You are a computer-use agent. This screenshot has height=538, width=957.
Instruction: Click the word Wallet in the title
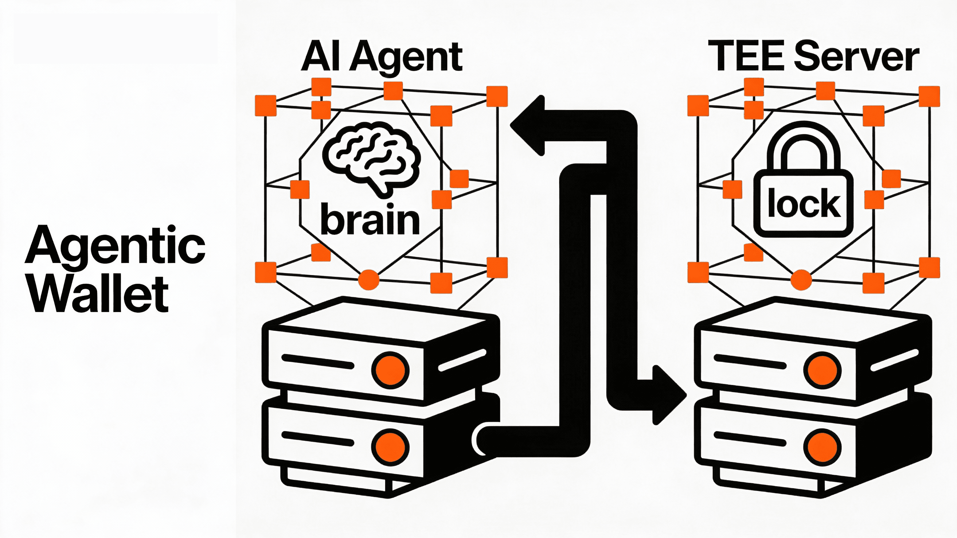tap(98, 295)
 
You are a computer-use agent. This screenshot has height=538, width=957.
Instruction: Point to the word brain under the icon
tap(370, 219)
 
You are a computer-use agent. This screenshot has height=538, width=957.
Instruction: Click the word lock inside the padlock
tap(803, 203)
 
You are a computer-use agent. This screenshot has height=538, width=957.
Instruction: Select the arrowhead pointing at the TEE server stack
tap(669, 395)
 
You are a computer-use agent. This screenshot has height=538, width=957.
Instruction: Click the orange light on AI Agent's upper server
tap(390, 370)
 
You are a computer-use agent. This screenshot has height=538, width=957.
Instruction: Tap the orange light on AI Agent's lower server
tap(390, 447)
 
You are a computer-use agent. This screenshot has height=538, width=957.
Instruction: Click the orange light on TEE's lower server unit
tap(822, 447)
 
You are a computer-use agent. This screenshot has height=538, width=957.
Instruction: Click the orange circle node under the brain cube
tap(369, 280)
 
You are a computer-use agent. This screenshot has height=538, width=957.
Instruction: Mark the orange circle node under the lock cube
tap(801, 280)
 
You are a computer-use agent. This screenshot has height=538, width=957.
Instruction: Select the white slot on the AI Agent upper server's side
tap(462, 360)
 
